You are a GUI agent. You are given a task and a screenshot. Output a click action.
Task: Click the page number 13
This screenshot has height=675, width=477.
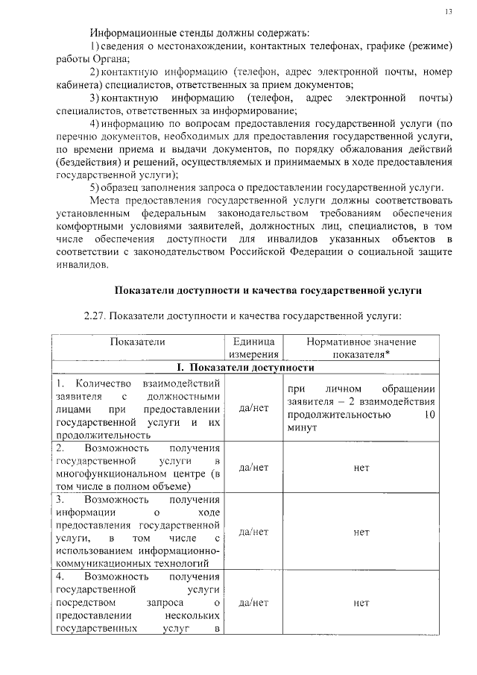[448, 11]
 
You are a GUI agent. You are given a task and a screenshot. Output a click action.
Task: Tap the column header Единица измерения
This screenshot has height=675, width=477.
[254, 348]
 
